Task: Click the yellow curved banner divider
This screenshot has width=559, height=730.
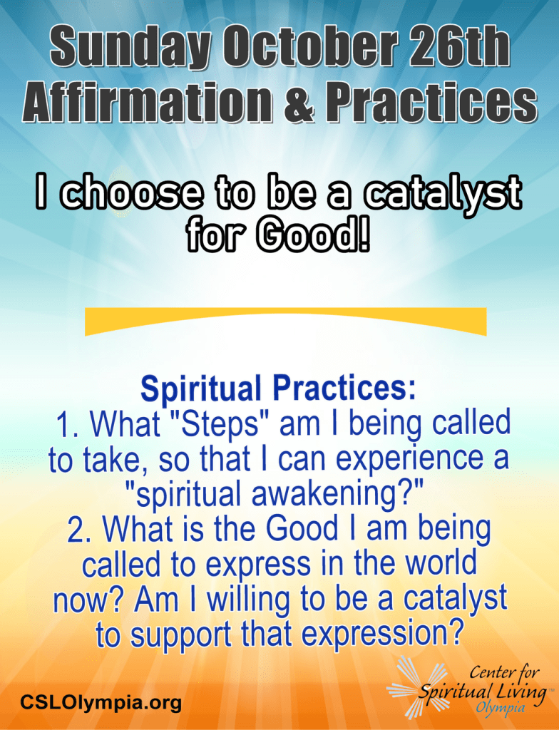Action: (285, 322)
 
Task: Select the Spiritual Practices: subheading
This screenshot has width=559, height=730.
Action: (278, 389)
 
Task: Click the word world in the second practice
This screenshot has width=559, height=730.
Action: (441, 563)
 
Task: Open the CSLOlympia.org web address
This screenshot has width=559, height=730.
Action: (101, 701)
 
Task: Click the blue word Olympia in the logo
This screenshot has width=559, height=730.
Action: (500, 708)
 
